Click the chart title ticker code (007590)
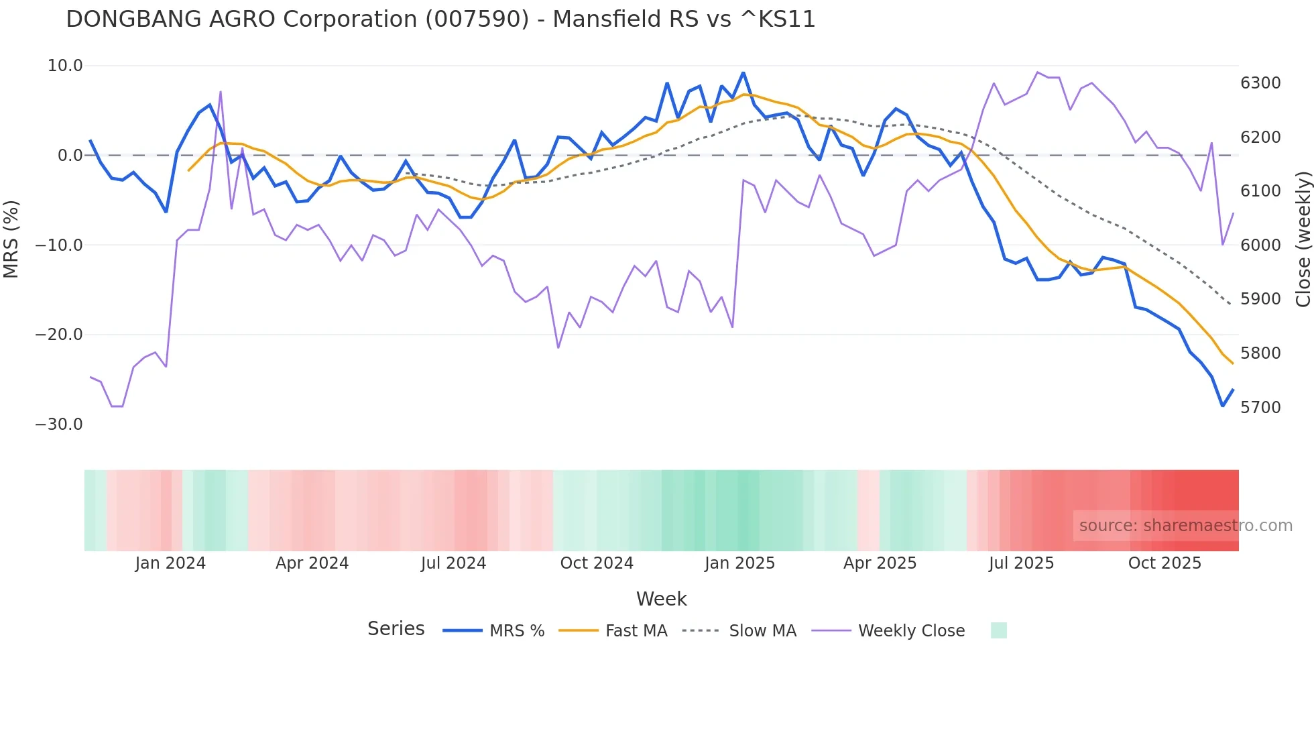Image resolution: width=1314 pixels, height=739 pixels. pyautogui.click(x=477, y=19)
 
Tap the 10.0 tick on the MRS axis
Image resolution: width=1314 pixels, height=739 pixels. pyautogui.click(x=65, y=66)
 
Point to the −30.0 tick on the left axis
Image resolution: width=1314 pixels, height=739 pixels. pyautogui.click(x=59, y=424)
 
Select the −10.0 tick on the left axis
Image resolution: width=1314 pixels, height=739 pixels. pyautogui.click(x=59, y=245)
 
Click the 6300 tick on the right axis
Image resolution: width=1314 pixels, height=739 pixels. pyautogui.click(x=1260, y=83)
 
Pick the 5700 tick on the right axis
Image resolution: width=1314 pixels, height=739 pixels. pyautogui.click(x=1260, y=408)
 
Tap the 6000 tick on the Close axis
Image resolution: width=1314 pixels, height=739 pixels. pyautogui.click(x=1260, y=245)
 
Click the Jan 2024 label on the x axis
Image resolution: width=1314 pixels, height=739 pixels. pyautogui.click(x=170, y=563)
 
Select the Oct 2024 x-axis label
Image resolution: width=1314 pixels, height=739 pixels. pyautogui.click(x=597, y=563)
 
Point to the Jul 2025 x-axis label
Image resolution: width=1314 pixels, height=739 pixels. pyautogui.click(x=1021, y=563)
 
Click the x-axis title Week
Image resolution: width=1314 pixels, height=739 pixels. pyautogui.click(x=661, y=599)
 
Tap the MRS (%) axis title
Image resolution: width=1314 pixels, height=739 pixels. pyautogui.click(x=11, y=239)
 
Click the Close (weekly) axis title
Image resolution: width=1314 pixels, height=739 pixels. pyautogui.click(x=1303, y=239)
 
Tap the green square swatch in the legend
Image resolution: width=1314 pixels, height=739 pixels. pyautogui.click(x=998, y=630)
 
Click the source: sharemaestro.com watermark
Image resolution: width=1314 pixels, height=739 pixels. pyautogui.click(x=1185, y=526)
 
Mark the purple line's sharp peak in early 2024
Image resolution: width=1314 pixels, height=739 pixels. pyautogui.click(x=221, y=92)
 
